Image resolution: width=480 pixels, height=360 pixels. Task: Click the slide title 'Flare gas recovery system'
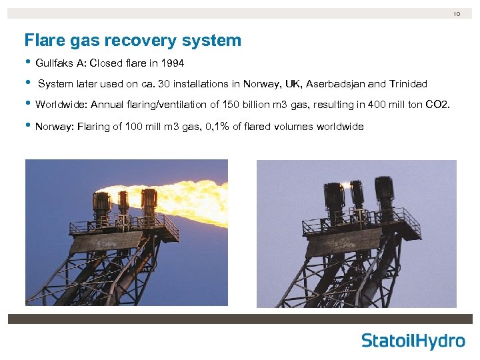pos(133,41)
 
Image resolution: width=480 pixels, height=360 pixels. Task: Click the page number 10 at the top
pos(457,13)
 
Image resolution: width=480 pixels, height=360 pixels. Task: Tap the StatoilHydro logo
pos(413,341)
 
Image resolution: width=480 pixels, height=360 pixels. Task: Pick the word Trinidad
pos(407,84)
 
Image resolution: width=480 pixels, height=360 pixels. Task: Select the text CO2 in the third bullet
pos(441,105)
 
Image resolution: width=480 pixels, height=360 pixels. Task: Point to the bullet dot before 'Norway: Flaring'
pos(28,126)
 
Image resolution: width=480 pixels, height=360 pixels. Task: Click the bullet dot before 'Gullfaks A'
pos(28,63)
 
